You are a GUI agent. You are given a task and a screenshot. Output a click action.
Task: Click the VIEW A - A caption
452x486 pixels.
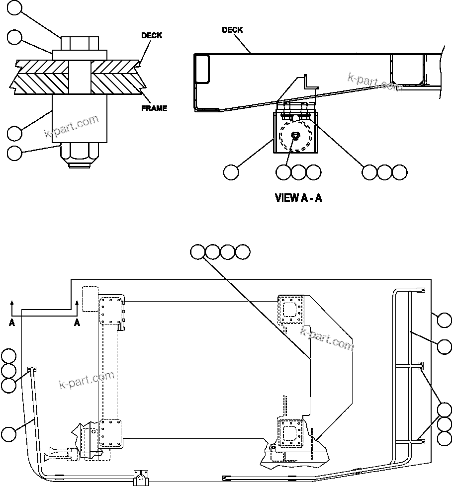[298, 198]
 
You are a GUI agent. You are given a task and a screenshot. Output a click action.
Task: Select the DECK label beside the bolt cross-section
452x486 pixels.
[152, 36]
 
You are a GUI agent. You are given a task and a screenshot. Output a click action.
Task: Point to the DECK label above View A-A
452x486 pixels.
[232, 30]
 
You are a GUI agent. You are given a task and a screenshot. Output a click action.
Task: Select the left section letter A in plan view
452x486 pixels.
[11, 323]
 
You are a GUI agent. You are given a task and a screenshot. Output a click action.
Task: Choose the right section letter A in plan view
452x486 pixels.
[77, 323]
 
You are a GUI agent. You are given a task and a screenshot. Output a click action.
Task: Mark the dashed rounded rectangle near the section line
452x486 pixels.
[90, 299]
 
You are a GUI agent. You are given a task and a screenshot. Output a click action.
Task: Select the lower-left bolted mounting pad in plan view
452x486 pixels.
[110, 432]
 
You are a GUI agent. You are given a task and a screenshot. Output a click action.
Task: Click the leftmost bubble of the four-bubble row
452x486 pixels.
[197, 252]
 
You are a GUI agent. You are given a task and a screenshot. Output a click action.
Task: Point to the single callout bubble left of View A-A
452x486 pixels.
[231, 172]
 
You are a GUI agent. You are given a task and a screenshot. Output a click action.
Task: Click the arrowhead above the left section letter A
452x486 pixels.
[11, 301]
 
